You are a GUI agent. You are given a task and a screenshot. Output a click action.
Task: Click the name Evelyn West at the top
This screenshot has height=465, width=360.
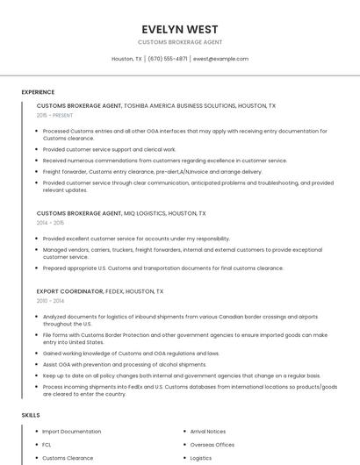(x=179, y=29)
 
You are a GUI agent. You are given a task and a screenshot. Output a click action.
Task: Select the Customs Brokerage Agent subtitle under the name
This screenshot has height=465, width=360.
(x=179, y=42)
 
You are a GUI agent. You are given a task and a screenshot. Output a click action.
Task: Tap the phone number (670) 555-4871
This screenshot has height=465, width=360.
(x=167, y=59)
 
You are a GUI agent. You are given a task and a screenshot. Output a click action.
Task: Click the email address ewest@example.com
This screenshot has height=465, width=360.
(x=220, y=59)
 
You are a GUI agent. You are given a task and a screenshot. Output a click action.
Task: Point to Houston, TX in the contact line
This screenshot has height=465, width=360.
(x=126, y=59)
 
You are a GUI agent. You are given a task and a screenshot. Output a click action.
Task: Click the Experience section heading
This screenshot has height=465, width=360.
(x=38, y=92)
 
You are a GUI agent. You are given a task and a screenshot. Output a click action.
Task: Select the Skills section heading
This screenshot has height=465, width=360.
(x=31, y=414)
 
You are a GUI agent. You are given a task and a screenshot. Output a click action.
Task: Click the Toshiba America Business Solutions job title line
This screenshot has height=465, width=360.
(x=156, y=105)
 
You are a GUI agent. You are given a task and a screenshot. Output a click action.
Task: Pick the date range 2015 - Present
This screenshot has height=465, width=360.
(x=54, y=115)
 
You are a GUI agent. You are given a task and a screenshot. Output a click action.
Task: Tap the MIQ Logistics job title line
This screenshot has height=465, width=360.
(x=121, y=213)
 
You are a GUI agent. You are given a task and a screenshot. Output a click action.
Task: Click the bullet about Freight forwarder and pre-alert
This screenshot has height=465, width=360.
(x=152, y=172)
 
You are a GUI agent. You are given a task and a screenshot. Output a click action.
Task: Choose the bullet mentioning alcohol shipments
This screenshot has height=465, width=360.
(x=125, y=364)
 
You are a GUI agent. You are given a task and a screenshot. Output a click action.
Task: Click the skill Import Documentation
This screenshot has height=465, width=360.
(x=72, y=432)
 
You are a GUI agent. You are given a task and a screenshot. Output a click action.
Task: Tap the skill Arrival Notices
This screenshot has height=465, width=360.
(x=208, y=432)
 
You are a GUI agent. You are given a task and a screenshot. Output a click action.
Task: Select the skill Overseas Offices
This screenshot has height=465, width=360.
(x=212, y=445)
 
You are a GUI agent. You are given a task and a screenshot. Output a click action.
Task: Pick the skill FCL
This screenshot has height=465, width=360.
(x=47, y=445)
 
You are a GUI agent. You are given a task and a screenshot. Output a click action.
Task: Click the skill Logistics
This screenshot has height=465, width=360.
(x=201, y=458)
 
